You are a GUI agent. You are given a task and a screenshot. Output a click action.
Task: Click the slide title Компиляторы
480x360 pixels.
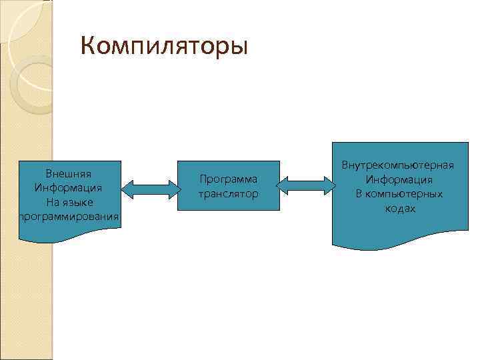coord(163,47)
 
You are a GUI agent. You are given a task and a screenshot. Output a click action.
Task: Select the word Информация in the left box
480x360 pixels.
coord(69,188)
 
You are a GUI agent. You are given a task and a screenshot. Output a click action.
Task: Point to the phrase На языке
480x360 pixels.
coord(69,202)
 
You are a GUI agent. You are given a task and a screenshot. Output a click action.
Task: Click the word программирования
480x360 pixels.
coord(69,216)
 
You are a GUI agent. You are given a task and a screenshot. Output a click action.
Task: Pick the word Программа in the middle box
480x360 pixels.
coord(229,179)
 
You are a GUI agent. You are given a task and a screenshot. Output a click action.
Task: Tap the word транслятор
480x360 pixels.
coord(229,194)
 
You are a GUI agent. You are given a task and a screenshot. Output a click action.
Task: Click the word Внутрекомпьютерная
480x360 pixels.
coord(399,165)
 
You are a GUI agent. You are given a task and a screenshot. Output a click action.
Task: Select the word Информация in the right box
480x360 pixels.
coord(399,179)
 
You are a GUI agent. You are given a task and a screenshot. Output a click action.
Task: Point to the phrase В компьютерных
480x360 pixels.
coord(399,194)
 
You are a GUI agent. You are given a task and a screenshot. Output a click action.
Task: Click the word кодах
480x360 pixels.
coord(399,209)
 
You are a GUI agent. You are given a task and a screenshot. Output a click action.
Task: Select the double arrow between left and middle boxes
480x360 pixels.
coord(149,188)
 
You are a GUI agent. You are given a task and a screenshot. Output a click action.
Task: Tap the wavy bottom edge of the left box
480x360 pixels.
coord(69,237)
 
